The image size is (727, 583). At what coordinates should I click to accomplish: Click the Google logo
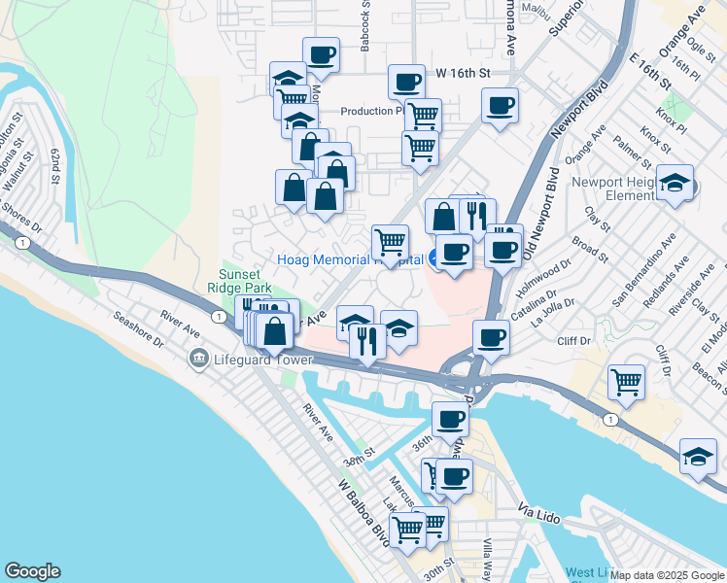(32, 571)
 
